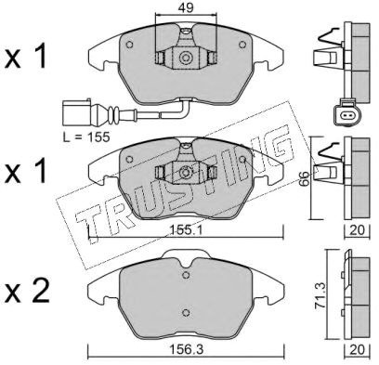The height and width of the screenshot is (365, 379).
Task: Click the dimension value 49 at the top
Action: tap(186, 7)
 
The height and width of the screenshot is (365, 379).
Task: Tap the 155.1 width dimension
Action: tap(186, 229)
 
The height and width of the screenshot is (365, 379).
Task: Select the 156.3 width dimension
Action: tap(186, 349)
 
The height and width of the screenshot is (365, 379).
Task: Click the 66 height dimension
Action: tap(304, 178)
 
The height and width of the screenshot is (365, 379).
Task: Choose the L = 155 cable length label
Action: tap(86, 137)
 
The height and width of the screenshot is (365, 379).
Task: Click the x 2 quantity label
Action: tap(27, 292)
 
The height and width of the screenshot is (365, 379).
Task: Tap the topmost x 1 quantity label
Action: tap(25, 56)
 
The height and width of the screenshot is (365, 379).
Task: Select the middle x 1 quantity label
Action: tap(25, 171)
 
